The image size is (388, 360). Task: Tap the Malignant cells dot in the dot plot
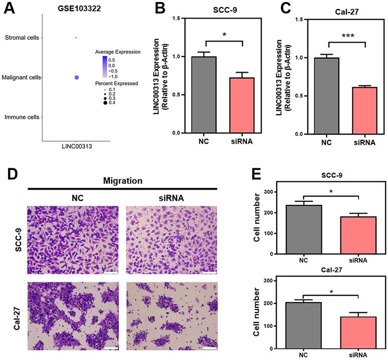[77, 78]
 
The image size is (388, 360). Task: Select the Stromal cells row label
[22, 38]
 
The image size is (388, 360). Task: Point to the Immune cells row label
[22, 117]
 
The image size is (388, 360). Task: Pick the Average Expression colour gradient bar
[104, 66]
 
